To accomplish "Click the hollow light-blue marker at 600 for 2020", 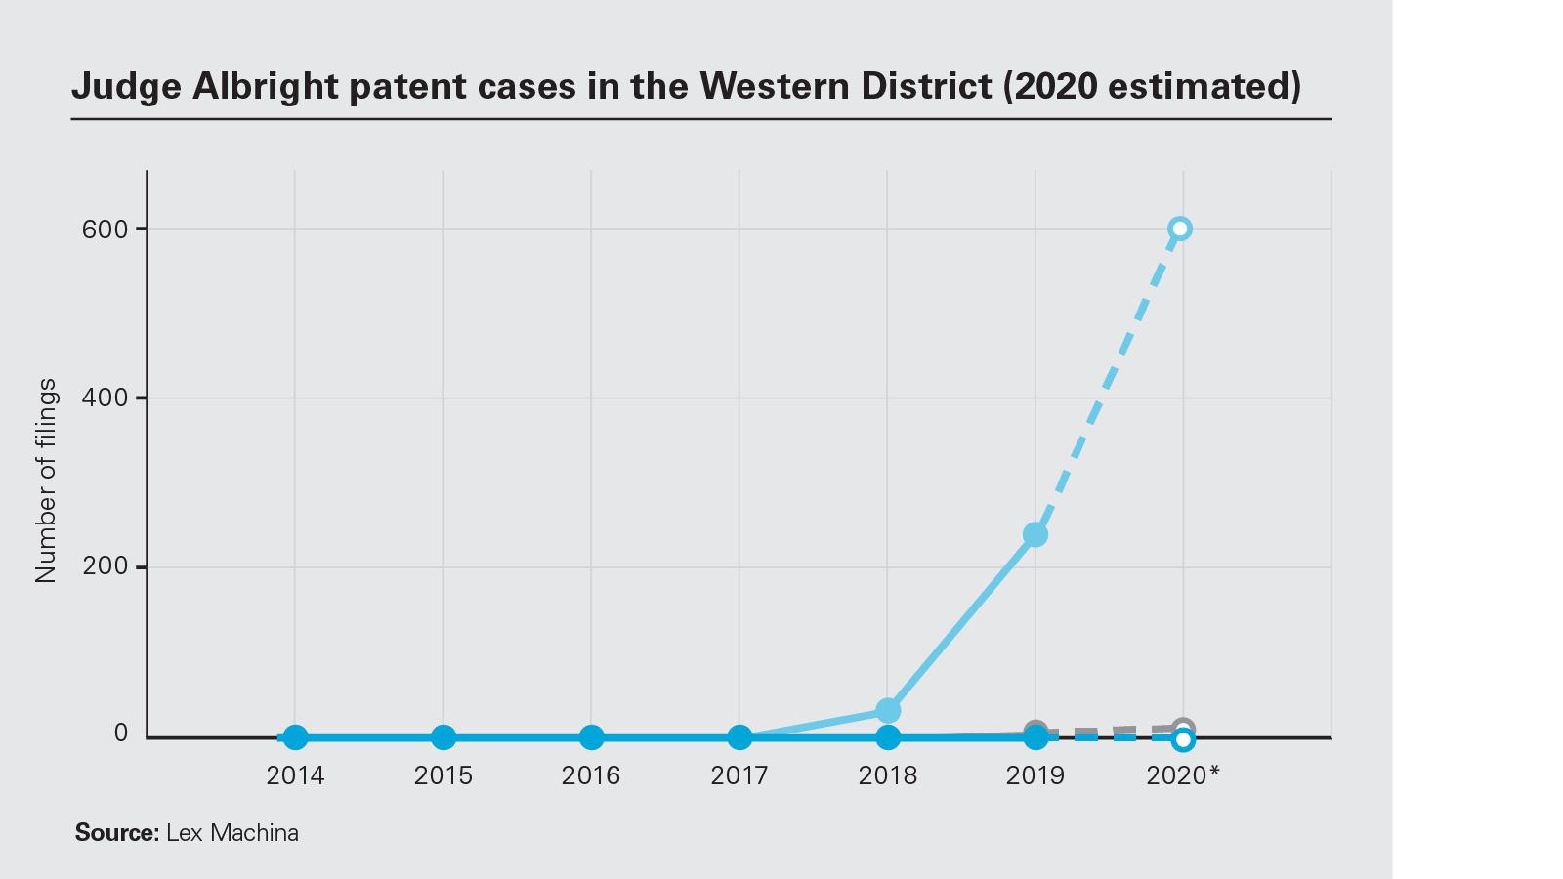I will (x=1180, y=229).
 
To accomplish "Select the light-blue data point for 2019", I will (x=1035, y=535).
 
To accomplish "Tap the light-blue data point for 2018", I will (x=888, y=710).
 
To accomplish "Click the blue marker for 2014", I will (x=295, y=737).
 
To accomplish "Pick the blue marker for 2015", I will (x=444, y=737).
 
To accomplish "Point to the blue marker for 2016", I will (x=592, y=737).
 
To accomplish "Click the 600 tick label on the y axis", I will (x=106, y=230).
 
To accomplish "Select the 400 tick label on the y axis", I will (x=106, y=398).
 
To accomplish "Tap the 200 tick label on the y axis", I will (x=106, y=566).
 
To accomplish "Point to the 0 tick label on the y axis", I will (x=121, y=733).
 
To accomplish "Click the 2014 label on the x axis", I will (x=295, y=775).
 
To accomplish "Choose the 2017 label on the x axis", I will (x=739, y=775).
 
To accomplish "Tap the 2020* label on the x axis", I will (x=1183, y=775).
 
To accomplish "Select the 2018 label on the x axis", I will (x=888, y=775).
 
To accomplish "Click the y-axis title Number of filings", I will (x=46, y=481).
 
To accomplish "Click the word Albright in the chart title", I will (x=265, y=86).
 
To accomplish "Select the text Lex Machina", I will (x=232, y=833).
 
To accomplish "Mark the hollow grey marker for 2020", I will (x=1183, y=729).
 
